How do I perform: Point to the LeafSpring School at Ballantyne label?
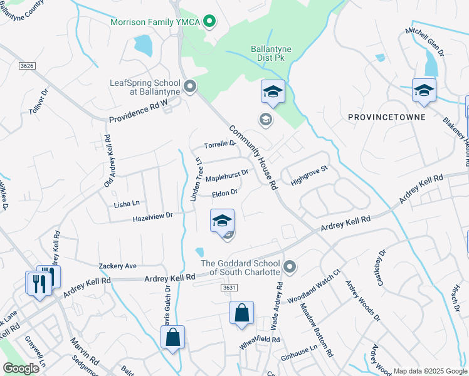tap(145, 87)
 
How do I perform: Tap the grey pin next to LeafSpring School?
tap(190, 85)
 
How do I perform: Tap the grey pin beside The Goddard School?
tap(289, 268)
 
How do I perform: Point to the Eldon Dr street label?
tap(225, 194)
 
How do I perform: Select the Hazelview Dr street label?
tap(152, 217)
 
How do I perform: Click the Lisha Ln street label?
tap(127, 204)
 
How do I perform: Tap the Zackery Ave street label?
tap(117, 266)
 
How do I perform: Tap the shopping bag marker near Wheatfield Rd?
tap(241, 313)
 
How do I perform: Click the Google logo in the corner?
tap(21, 368)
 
